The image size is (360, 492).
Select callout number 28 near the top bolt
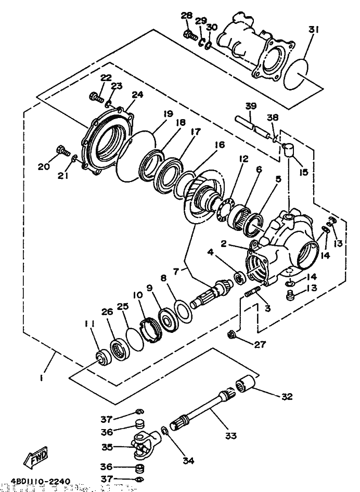coord(187,16)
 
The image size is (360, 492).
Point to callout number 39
coord(251,107)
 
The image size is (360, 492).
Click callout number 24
coord(137,95)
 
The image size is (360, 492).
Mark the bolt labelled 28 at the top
coord(189,35)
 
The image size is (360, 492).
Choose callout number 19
coord(167,114)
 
